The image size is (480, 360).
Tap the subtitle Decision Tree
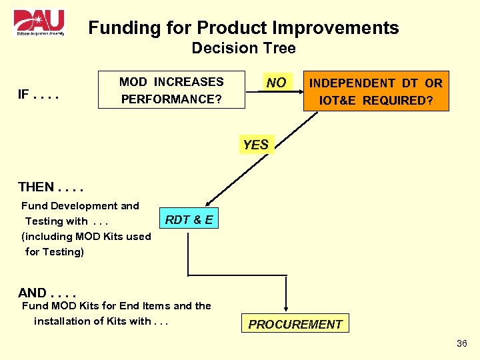(243, 48)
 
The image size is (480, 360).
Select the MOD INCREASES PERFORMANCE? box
(171, 91)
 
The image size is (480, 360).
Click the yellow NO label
(276, 83)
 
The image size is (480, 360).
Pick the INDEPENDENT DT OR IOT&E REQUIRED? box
(376, 91)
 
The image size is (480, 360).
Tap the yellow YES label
(255, 145)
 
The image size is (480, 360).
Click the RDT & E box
(189, 220)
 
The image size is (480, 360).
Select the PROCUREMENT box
(295, 324)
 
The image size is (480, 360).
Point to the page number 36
(462, 343)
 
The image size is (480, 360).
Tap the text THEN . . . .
(37, 187)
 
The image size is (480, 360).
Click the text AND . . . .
(33, 293)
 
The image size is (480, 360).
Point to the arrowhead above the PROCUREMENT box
(287, 308)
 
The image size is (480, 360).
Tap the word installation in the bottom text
(61, 321)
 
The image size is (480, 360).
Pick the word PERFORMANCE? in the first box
(171, 99)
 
